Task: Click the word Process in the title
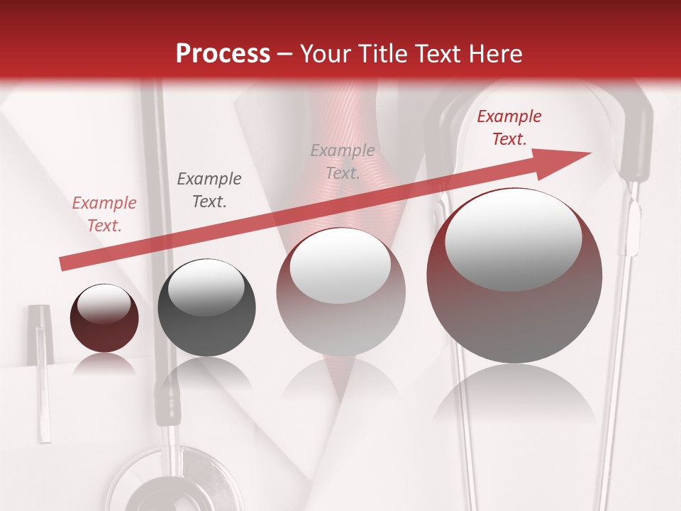[223, 54]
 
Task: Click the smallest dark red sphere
[104, 319]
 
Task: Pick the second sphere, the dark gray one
[206, 307]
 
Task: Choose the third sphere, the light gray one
[340, 291]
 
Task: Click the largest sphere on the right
[514, 276]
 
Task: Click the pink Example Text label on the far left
[104, 214]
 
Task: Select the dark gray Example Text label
[209, 190]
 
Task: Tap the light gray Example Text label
[343, 161]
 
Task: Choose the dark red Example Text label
[509, 128]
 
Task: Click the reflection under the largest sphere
[514, 397]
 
